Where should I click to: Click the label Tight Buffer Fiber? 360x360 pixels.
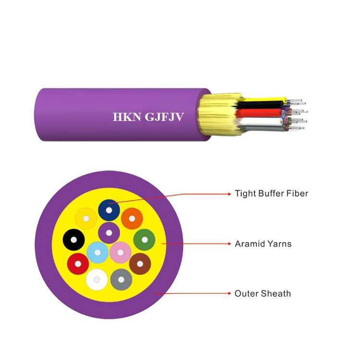coord(271,193)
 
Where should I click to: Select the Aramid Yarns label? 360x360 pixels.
coord(263,243)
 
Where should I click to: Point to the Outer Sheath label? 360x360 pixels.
coord(263,293)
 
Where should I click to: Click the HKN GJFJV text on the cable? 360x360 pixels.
coord(148,117)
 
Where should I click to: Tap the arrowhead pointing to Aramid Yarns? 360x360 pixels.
coord(229,243)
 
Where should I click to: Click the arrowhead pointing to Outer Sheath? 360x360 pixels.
coord(229,293)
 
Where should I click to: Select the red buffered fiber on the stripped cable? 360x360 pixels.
coord(258,113)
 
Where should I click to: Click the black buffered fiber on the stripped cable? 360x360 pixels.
coord(259,105)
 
